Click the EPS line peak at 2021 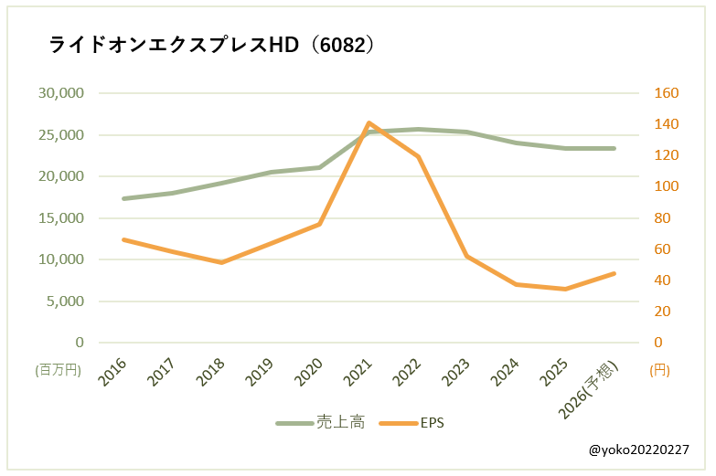tap(369, 122)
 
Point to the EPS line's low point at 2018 tap(221, 262)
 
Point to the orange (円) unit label tap(659, 370)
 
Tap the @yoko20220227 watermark tap(639, 450)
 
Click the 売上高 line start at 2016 tap(123, 198)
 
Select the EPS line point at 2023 tap(467, 256)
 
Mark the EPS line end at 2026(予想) tap(614, 273)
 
